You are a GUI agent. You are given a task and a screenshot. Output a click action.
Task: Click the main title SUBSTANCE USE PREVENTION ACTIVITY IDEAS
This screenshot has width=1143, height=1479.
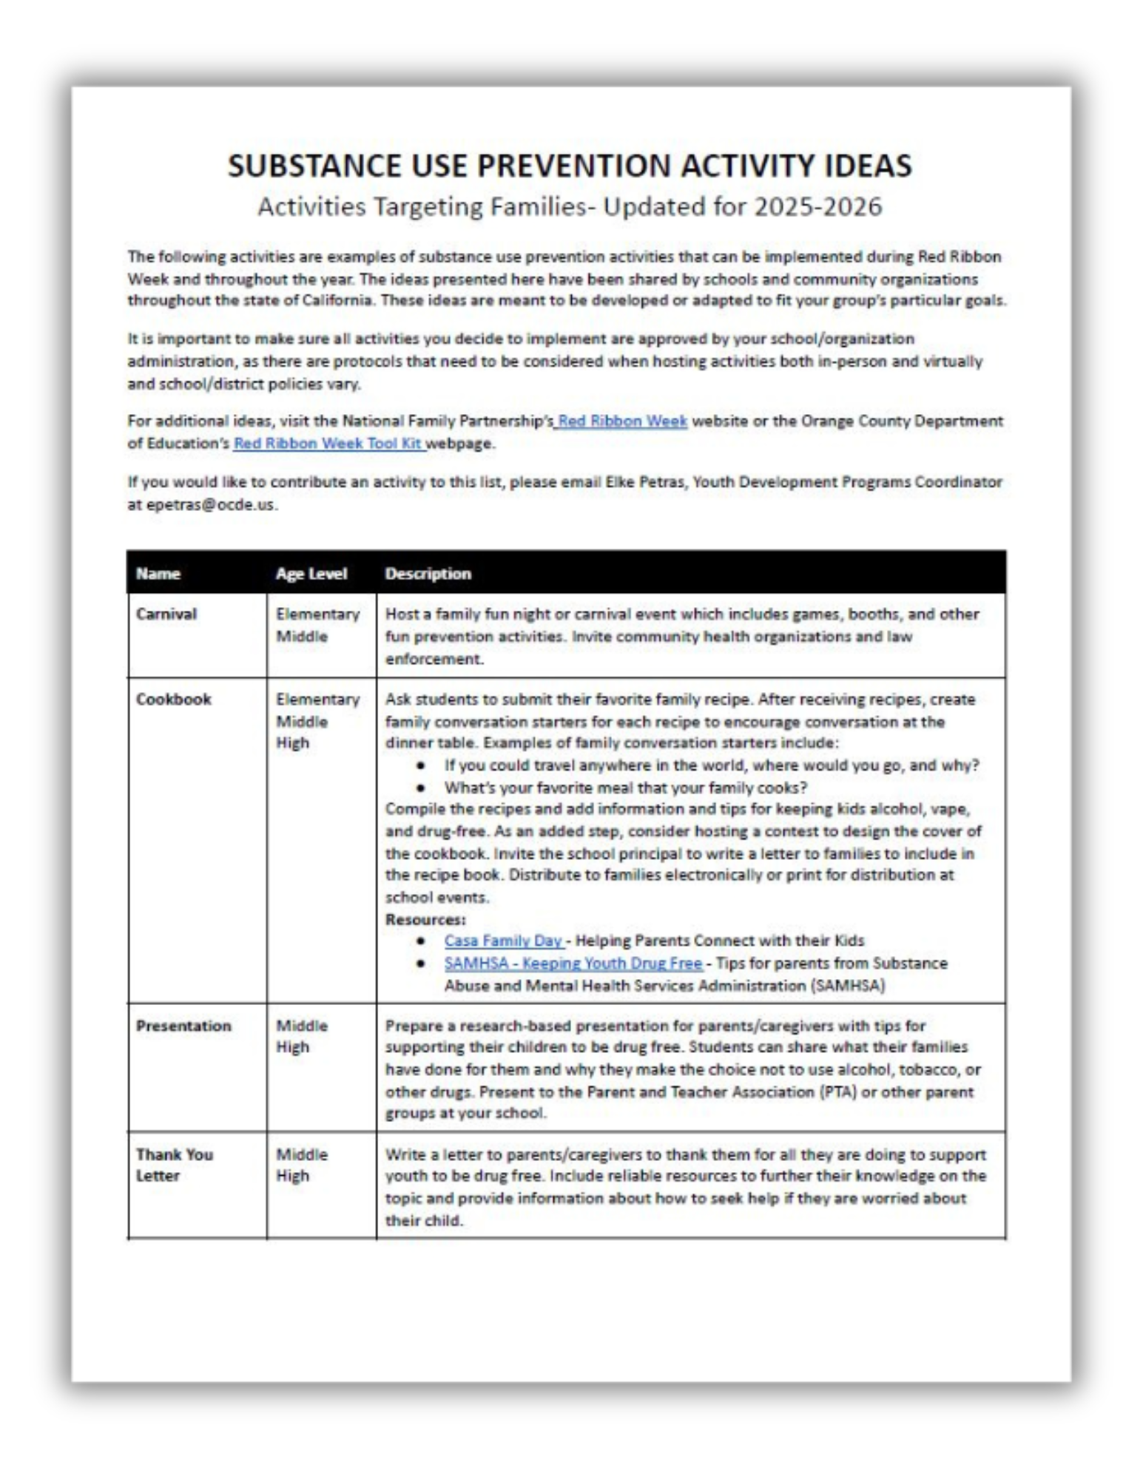coord(570,165)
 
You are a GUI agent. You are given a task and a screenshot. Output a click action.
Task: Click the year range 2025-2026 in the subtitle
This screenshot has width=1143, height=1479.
coord(817,206)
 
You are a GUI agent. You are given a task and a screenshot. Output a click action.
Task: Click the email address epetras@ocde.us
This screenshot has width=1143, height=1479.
coord(201,505)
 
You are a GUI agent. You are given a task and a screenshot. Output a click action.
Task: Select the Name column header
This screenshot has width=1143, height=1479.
coord(158,574)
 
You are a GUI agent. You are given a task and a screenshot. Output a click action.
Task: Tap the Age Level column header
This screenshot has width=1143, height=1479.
coord(311,574)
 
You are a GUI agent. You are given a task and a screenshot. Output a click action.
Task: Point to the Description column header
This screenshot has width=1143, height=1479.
coord(428,574)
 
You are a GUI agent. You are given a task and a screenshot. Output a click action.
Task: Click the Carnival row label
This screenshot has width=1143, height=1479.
coord(166,615)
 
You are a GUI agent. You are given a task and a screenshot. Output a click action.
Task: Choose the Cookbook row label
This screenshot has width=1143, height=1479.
coord(173,700)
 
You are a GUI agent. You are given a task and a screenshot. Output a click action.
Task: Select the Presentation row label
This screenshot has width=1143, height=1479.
coord(183,1026)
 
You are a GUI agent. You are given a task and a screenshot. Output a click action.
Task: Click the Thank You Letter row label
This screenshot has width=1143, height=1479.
coord(174,1165)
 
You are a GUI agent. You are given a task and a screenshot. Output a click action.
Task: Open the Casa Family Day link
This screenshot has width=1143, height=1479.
coord(503,941)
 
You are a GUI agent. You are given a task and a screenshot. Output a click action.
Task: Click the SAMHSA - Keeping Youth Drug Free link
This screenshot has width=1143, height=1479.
coord(573,964)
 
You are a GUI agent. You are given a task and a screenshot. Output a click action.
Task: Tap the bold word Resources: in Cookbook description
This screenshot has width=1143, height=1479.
coord(425,920)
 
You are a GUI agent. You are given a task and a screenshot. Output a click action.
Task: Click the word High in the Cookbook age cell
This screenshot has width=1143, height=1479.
coord(292,743)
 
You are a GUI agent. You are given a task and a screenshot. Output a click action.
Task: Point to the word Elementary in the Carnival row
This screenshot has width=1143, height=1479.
coord(317,615)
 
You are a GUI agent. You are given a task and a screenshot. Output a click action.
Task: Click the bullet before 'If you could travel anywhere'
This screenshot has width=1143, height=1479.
coord(420,765)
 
